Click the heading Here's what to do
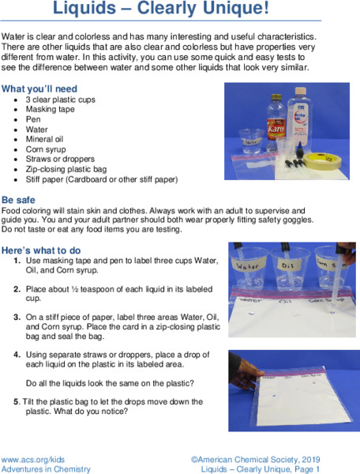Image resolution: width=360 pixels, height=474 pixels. coord(41,250)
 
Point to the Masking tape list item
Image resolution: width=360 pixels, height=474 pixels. coord(53,110)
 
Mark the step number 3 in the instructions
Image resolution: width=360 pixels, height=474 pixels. coord(17,316)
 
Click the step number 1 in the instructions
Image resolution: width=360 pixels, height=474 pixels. coord(17,260)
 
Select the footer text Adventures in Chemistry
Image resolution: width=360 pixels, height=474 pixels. coord(46,468)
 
